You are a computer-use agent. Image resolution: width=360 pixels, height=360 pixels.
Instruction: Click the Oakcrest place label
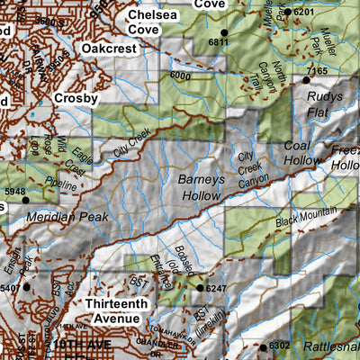click(x=112, y=47)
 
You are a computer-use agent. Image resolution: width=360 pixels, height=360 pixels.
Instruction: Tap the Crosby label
click(x=76, y=97)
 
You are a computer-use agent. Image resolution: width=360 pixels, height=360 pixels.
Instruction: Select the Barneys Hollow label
click(x=199, y=184)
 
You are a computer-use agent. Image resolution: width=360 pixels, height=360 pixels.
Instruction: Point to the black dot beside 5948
click(x=25, y=200)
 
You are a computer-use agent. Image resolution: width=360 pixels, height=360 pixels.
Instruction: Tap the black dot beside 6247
click(x=200, y=288)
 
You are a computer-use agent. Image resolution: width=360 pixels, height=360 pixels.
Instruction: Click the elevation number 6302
click(x=280, y=345)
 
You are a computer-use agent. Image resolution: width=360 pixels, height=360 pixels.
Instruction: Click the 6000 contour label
click(x=181, y=76)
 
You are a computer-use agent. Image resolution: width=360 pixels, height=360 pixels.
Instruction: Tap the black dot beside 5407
click(x=27, y=287)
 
